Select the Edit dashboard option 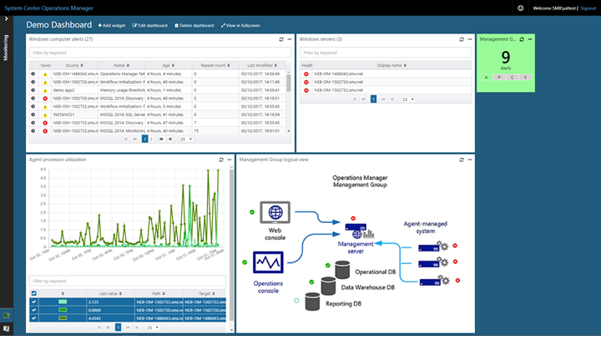click(x=150, y=26)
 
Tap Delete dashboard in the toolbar click(x=194, y=26)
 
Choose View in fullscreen click(x=241, y=26)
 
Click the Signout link click(x=588, y=8)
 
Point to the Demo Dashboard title click(x=58, y=26)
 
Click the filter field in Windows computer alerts click(x=159, y=53)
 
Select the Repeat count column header click(x=214, y=64)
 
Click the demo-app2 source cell click(x=65, y=89)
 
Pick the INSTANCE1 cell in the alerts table click(x=66, y=114)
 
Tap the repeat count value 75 click(x=196, y=131)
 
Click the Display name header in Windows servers click(x=389, y=64)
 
